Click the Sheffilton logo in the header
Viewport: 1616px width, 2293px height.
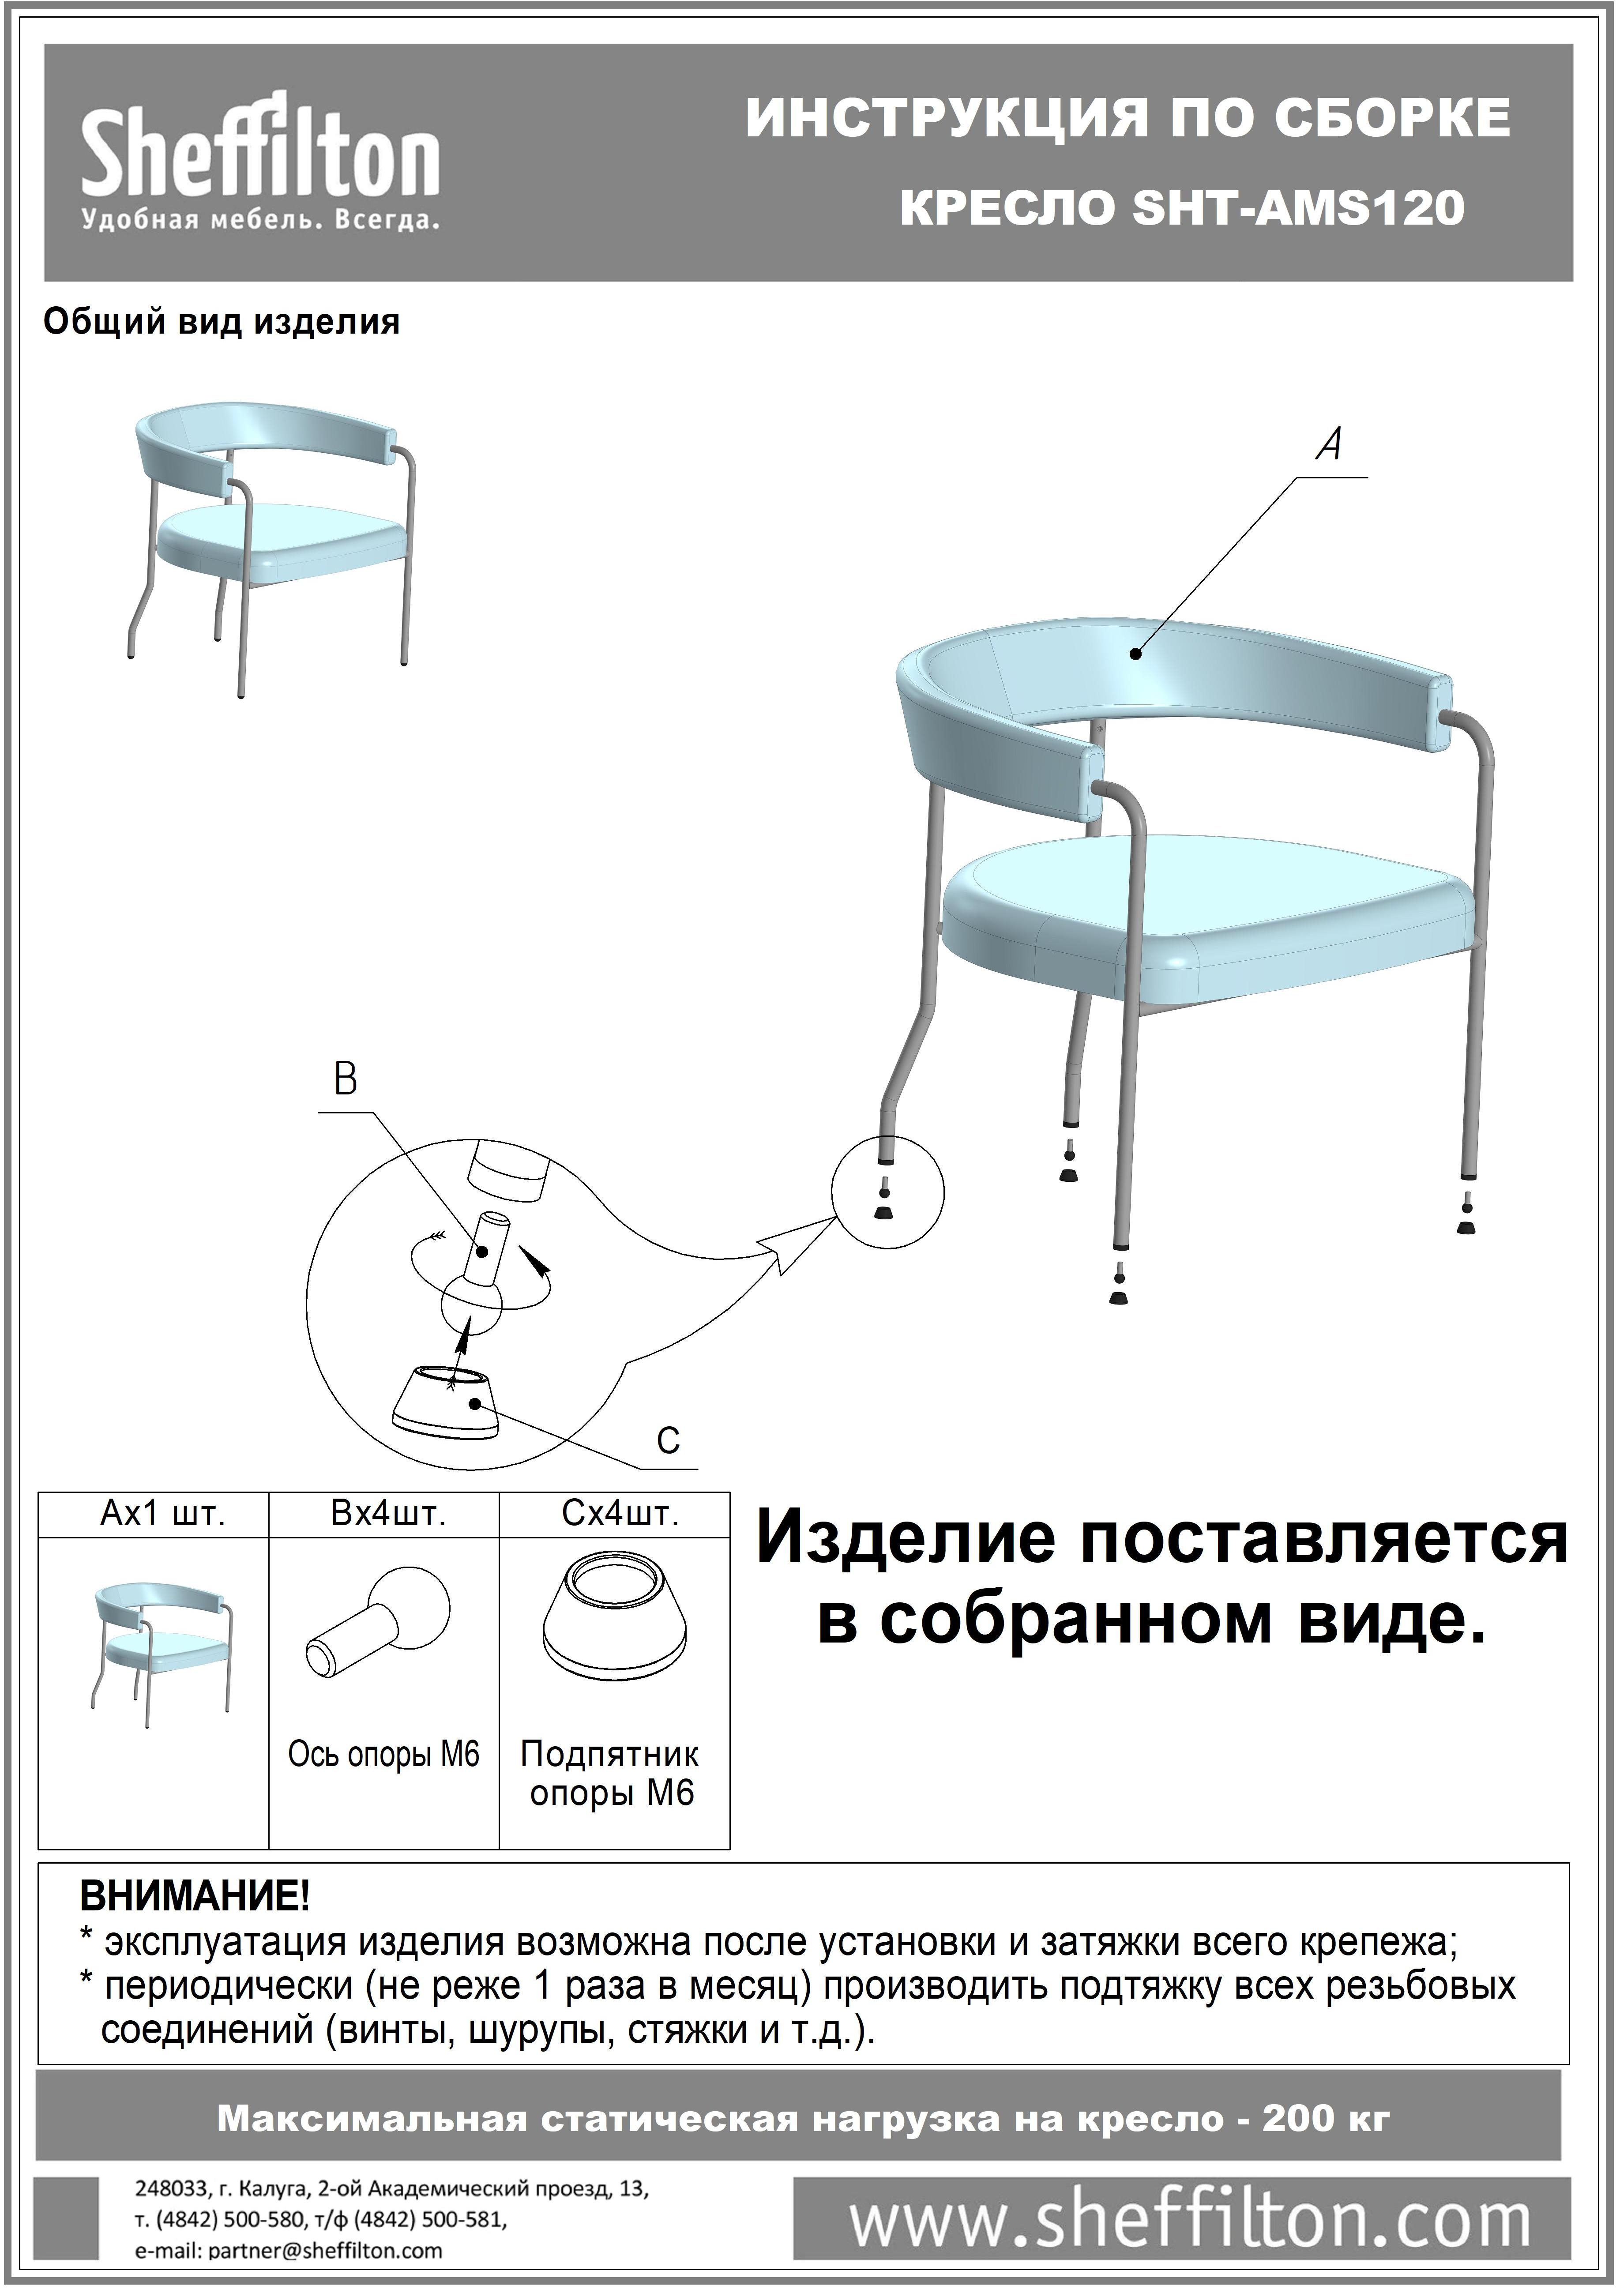click(259, 160)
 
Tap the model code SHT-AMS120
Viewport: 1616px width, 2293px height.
click(1298, 208)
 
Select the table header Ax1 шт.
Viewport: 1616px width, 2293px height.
click(163, 1515)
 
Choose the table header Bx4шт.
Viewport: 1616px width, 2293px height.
click(387, 1515)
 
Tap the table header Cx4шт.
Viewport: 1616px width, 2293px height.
click(619, 1515)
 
